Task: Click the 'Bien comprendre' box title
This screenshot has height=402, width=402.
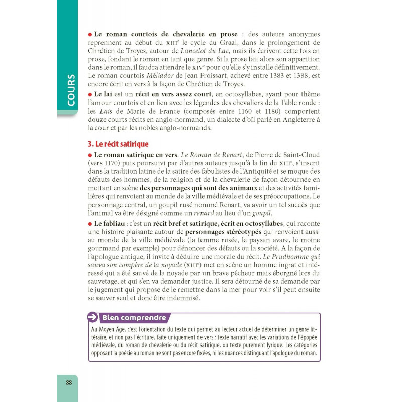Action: [134, 318]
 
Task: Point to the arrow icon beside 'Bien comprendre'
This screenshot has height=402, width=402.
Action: [93, 317]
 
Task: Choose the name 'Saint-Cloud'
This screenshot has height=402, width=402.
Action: [297, 154]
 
